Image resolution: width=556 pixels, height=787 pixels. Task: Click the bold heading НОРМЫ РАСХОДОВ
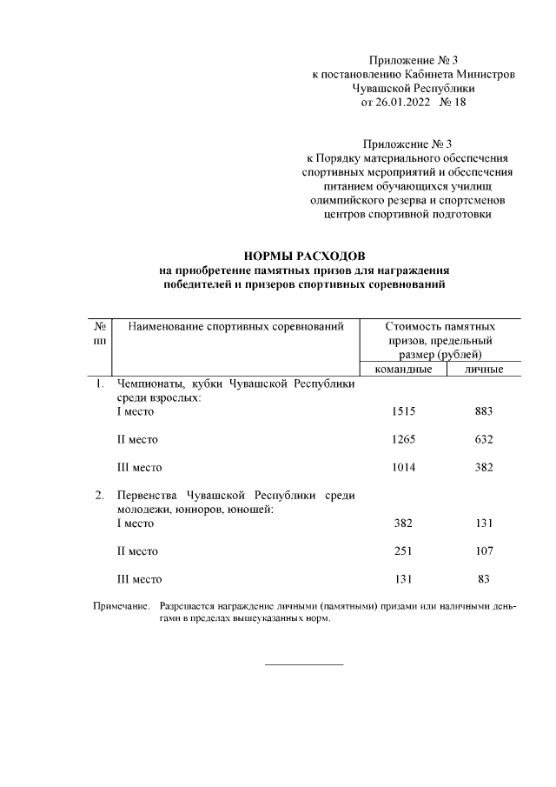(305, 256)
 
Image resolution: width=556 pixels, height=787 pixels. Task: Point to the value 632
(484, 439)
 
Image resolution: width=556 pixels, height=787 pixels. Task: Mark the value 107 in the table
(484, 550)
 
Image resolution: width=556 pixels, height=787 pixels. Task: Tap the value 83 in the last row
(484, 578)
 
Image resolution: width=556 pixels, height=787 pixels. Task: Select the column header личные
(484, 370)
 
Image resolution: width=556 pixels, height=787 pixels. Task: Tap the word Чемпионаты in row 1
(149, 383)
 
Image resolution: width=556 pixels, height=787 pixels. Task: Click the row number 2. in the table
(99, 495)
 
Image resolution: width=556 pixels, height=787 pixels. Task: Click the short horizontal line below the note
(304, 664)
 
